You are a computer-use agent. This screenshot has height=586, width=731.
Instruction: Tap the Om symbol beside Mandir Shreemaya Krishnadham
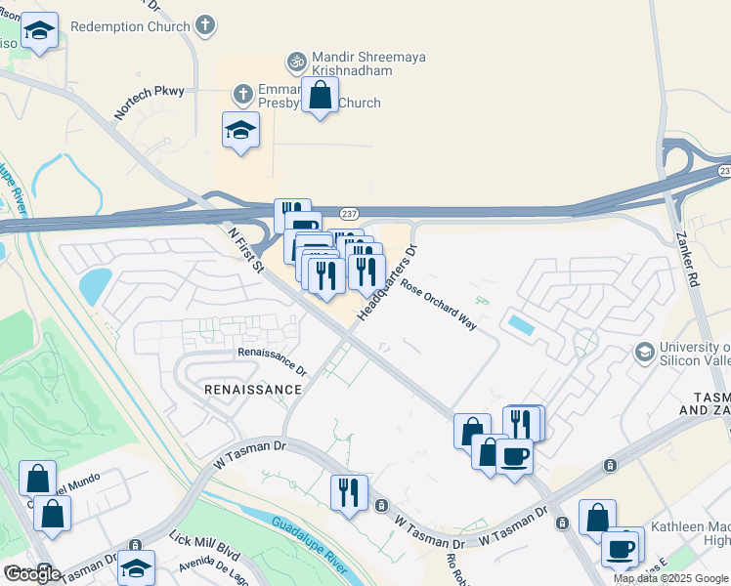[295, 62]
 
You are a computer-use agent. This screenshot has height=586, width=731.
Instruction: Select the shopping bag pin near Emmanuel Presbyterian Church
[320, 97]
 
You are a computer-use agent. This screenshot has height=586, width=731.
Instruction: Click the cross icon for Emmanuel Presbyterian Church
[241, 95]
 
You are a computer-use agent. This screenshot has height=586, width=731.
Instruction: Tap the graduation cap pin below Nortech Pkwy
[240, 132]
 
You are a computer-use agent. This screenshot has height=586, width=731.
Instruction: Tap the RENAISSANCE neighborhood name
[253, 390]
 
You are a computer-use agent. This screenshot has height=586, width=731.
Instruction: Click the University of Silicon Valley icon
[645, 351]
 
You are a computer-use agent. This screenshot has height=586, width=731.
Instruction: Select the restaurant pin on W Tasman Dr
[349, 492]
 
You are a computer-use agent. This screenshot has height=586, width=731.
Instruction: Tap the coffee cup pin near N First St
[514, 455]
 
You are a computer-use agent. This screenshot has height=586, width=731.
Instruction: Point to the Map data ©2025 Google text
[671, 578]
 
